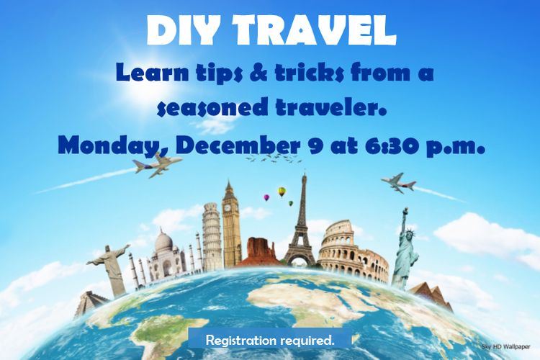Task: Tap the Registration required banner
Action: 270,338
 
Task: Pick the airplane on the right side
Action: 398,183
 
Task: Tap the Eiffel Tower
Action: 303,223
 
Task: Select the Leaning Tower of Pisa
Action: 211,236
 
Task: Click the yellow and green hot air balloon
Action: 282,192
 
